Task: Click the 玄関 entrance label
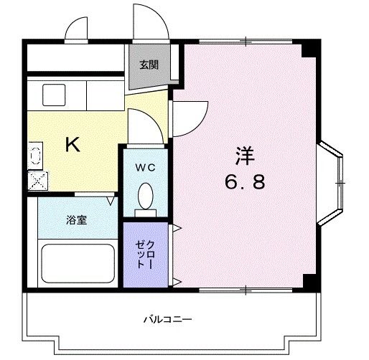click(149, 65)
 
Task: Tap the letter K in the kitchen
click(73, 145)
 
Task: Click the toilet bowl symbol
click(146, 195)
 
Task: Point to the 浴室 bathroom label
click(77, 220)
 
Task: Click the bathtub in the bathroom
click(78, 263)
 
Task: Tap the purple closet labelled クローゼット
click(145, 254)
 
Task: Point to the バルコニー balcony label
click(166, 318)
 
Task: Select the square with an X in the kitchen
click(36, 179)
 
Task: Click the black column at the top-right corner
click(308, 49)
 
